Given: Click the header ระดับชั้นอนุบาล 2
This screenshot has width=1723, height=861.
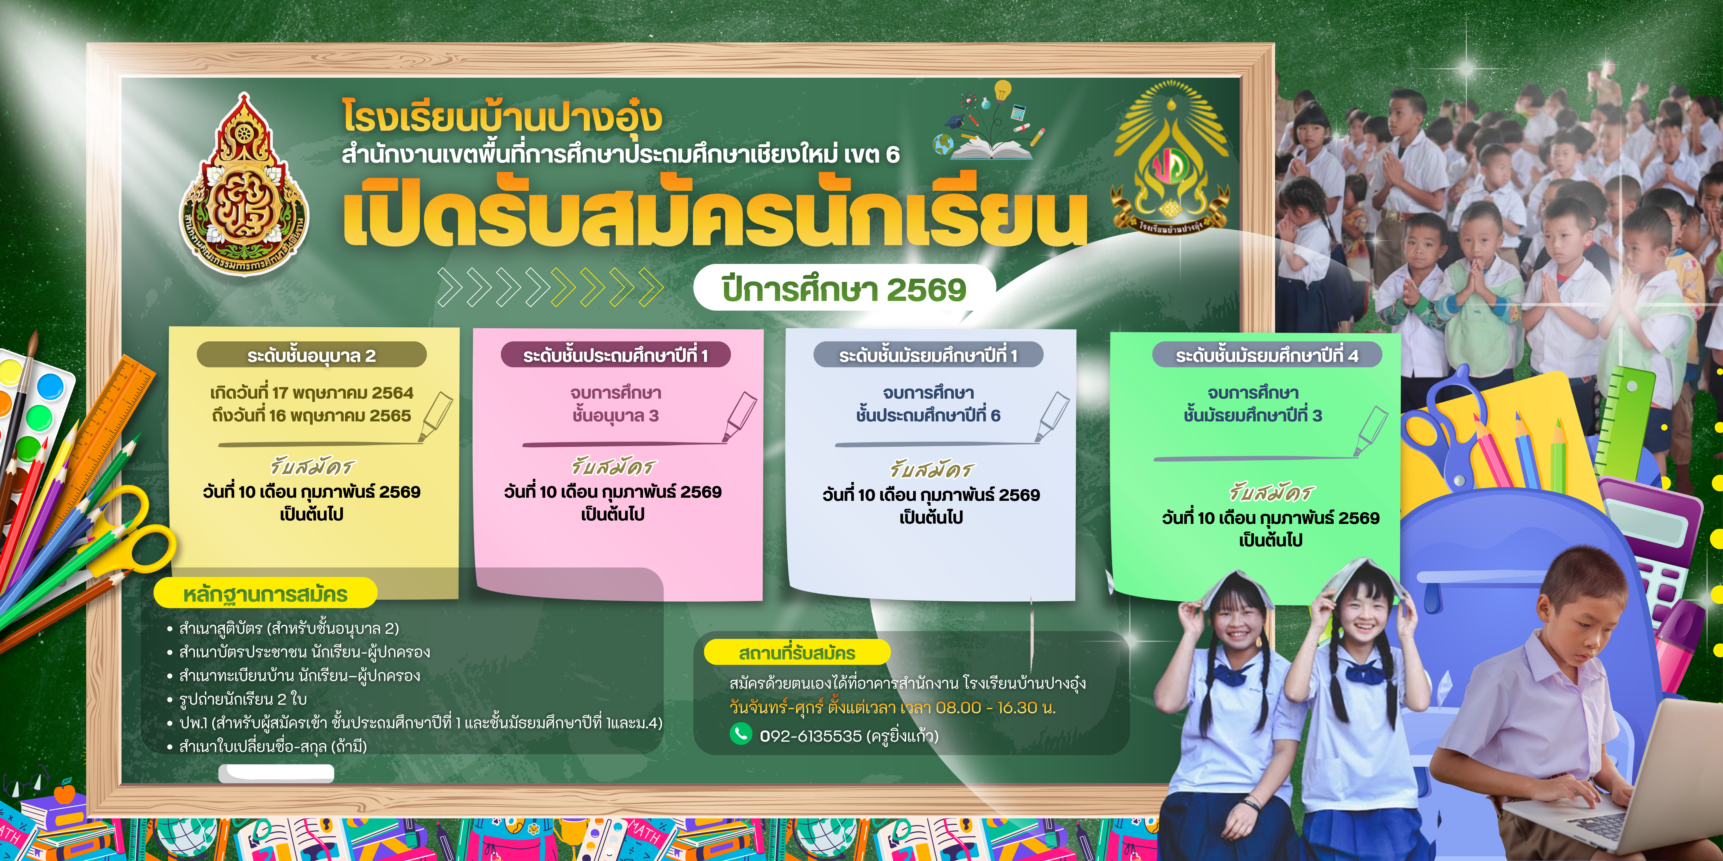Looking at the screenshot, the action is (312, 355).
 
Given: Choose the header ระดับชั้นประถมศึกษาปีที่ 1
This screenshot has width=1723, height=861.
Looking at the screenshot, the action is (615, 355).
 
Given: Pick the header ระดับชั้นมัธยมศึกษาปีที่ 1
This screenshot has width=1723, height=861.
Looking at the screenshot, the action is (928, 355).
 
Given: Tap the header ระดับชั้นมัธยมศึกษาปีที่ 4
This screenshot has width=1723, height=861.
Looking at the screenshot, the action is (1267, 355).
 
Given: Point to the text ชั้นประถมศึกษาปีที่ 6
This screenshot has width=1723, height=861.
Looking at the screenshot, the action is (928, 415).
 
